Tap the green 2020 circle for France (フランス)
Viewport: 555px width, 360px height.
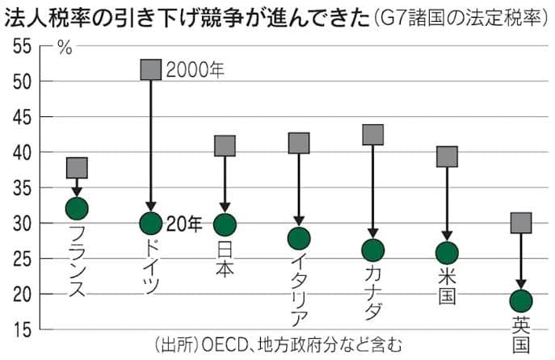click(77, 208)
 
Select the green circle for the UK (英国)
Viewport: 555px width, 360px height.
click(521, 301)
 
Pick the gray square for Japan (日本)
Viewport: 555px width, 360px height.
click(225, 145)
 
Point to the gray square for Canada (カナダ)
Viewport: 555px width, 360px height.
click(373, 134)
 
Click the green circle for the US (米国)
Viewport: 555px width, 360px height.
click(447, 253)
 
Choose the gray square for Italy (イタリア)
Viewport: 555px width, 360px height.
click(299, 143)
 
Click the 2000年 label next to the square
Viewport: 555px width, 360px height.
click(194, 69)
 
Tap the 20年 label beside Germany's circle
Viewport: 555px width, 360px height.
click(184, 224)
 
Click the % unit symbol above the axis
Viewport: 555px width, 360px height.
click(65, 46)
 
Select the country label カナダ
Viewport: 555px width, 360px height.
click(373, 291)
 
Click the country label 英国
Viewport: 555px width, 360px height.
click(521, 333)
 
